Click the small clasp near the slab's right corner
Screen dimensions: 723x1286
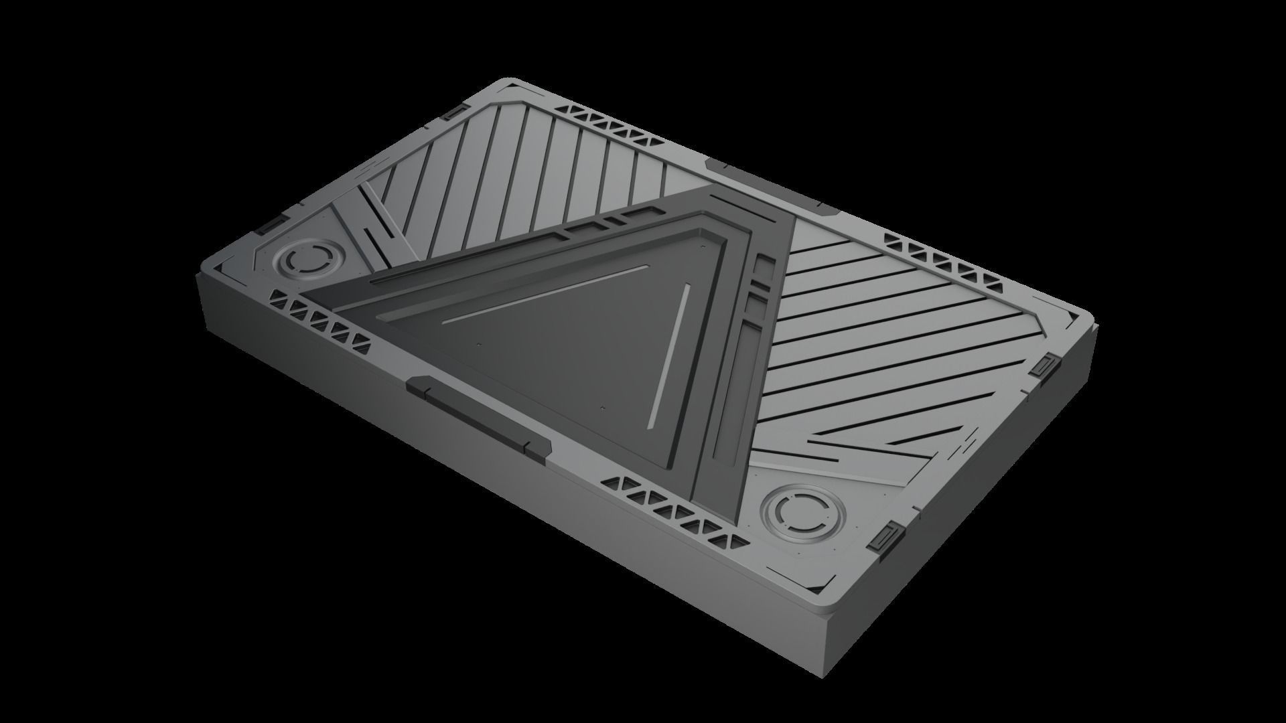[x=1045, y=366]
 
